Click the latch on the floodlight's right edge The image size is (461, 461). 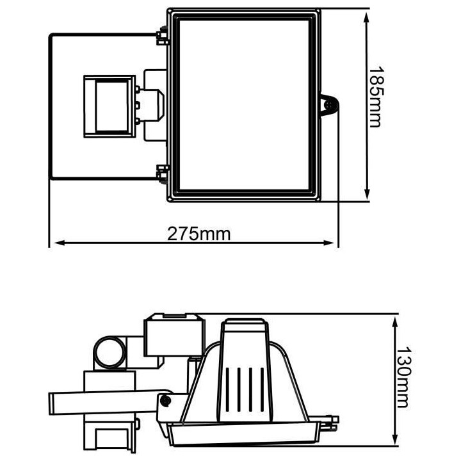tap(329, 105)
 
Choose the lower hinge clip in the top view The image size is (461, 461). tap(161, 172)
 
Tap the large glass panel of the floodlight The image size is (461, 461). tap(246, 104)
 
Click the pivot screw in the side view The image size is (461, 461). tap(166, 400)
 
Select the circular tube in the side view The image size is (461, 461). tap(109, 352)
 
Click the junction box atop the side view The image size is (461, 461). tap(170, 335)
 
